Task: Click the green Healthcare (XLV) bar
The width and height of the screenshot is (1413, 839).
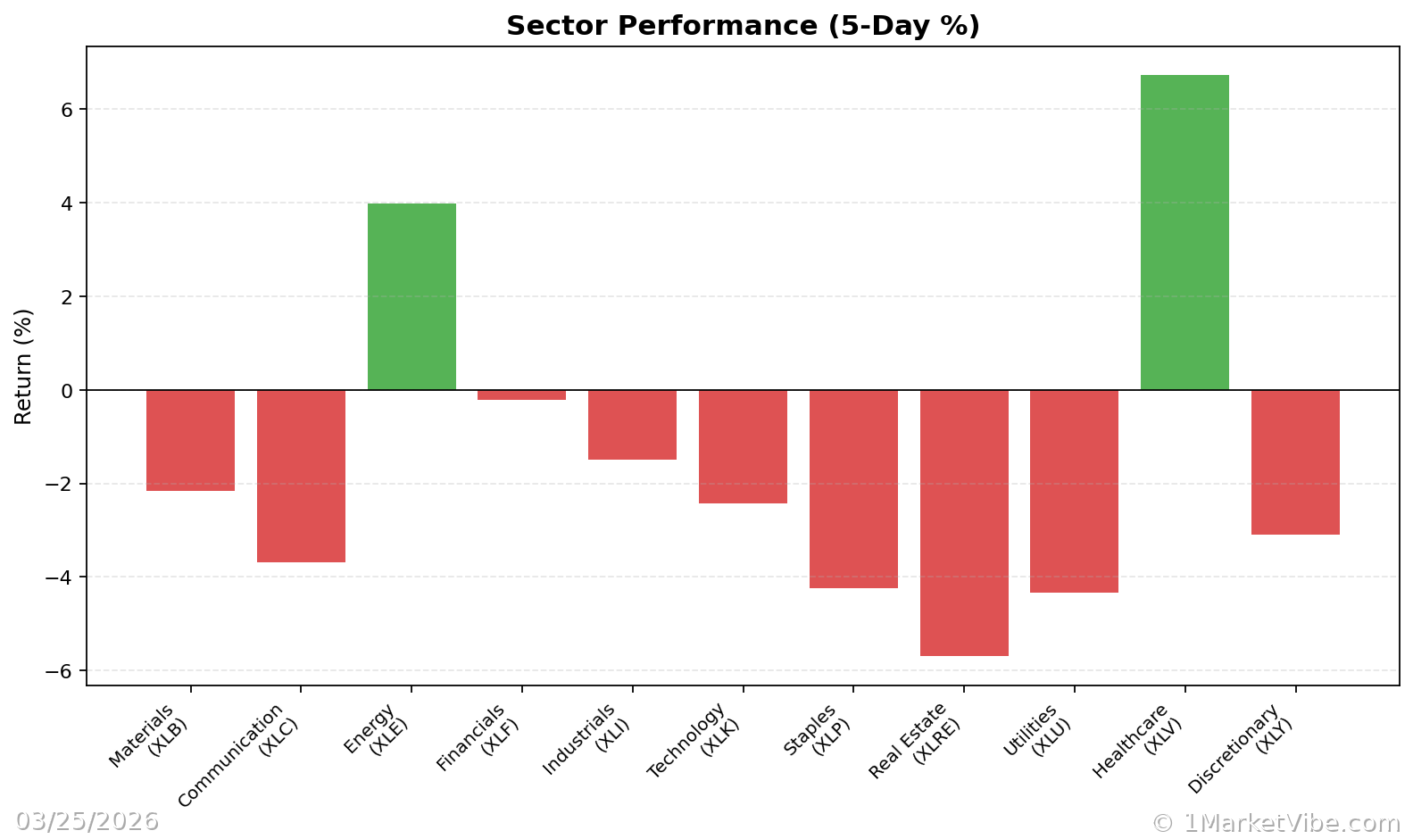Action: click(x=1184, y=232)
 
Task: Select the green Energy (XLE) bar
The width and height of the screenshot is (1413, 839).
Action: click(x=411, y=296)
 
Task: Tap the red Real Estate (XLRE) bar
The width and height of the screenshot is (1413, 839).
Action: click(x=964, y=523)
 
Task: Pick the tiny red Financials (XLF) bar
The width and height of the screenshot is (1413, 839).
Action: click(x=521, y=395)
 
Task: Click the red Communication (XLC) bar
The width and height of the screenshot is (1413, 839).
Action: click(x=301, y=476)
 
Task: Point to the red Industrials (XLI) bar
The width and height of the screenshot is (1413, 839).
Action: click(x=632, y=425)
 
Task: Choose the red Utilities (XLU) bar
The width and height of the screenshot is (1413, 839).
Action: click(x=1074, y=491)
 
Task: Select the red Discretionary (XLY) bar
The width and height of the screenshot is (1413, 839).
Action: click(x=1295, y=462)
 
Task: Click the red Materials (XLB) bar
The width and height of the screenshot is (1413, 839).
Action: click(x=190, y=440)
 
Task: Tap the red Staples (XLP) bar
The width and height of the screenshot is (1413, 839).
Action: click(x=853, y=489)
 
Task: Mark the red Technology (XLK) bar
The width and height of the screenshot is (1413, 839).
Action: click(x=743, y=446)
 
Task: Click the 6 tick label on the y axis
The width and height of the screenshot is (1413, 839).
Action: click(x=67, y=110)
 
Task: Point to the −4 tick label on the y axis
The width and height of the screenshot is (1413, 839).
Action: click(x=60, y=577)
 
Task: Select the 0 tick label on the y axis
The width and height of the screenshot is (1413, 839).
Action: click(x=67, y=391)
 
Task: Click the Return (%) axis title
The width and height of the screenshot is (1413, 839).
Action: click(x=23, y=366)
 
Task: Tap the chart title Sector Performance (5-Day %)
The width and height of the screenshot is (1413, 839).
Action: click(x=743, y=26)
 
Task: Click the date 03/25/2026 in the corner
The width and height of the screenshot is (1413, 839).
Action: click(x=87, y=821)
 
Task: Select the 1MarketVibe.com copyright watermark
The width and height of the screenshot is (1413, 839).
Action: click(x=1276, y=822)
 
